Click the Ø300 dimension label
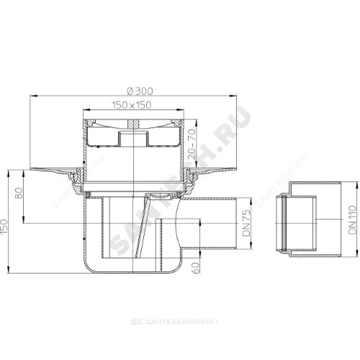tap(140, 91)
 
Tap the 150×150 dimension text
tap(132, 105)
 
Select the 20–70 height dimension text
tap(192, 144)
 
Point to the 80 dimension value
tap(19, 193)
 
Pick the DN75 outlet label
tap(246, 223)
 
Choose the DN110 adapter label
tap(352, 220)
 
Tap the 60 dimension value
tap(195, 267)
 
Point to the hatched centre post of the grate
tap(133, 124)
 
